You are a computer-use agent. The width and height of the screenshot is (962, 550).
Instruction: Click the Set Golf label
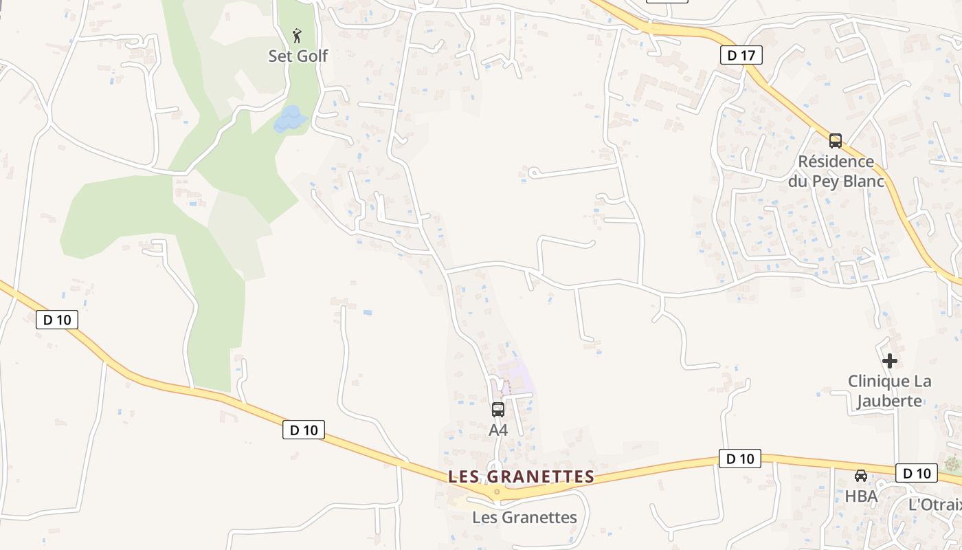click(x=298, y=56)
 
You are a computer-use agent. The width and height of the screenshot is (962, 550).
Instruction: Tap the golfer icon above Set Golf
click(x=297, y=36)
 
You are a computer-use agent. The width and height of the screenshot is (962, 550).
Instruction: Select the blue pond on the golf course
click(x=290, y=119)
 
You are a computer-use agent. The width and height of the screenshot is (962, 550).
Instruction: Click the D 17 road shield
click(x=741, y=56)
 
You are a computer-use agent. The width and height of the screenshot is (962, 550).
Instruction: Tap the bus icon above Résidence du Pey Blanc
click(x=836, y=141)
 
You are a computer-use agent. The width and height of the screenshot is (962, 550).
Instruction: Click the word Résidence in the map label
click(x=836, y=162)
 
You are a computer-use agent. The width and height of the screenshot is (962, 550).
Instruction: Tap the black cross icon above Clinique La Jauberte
click(x=890, y=361)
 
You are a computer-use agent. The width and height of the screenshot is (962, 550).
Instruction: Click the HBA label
click(x=861, y=496)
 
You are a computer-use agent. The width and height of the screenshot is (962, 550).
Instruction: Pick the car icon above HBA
click(x=860, y=476)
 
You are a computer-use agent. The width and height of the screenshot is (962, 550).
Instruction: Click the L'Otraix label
click(x=935, y=504)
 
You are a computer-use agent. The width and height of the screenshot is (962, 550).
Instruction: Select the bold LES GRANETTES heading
click(x=521, y=476)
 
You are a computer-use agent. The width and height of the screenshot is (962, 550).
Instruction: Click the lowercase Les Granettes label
click(x=524, y=517)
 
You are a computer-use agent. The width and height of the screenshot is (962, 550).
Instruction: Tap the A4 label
click(x=498, y=430)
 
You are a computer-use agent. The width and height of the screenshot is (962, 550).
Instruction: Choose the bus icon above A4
click(x=498, y=410)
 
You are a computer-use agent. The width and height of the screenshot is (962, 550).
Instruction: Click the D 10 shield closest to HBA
click(x=917, y=473)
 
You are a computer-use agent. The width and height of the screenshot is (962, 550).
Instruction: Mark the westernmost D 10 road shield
click(x=57, y=320)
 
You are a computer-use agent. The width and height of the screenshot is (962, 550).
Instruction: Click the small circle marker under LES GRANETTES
click(x=497, y=492)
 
